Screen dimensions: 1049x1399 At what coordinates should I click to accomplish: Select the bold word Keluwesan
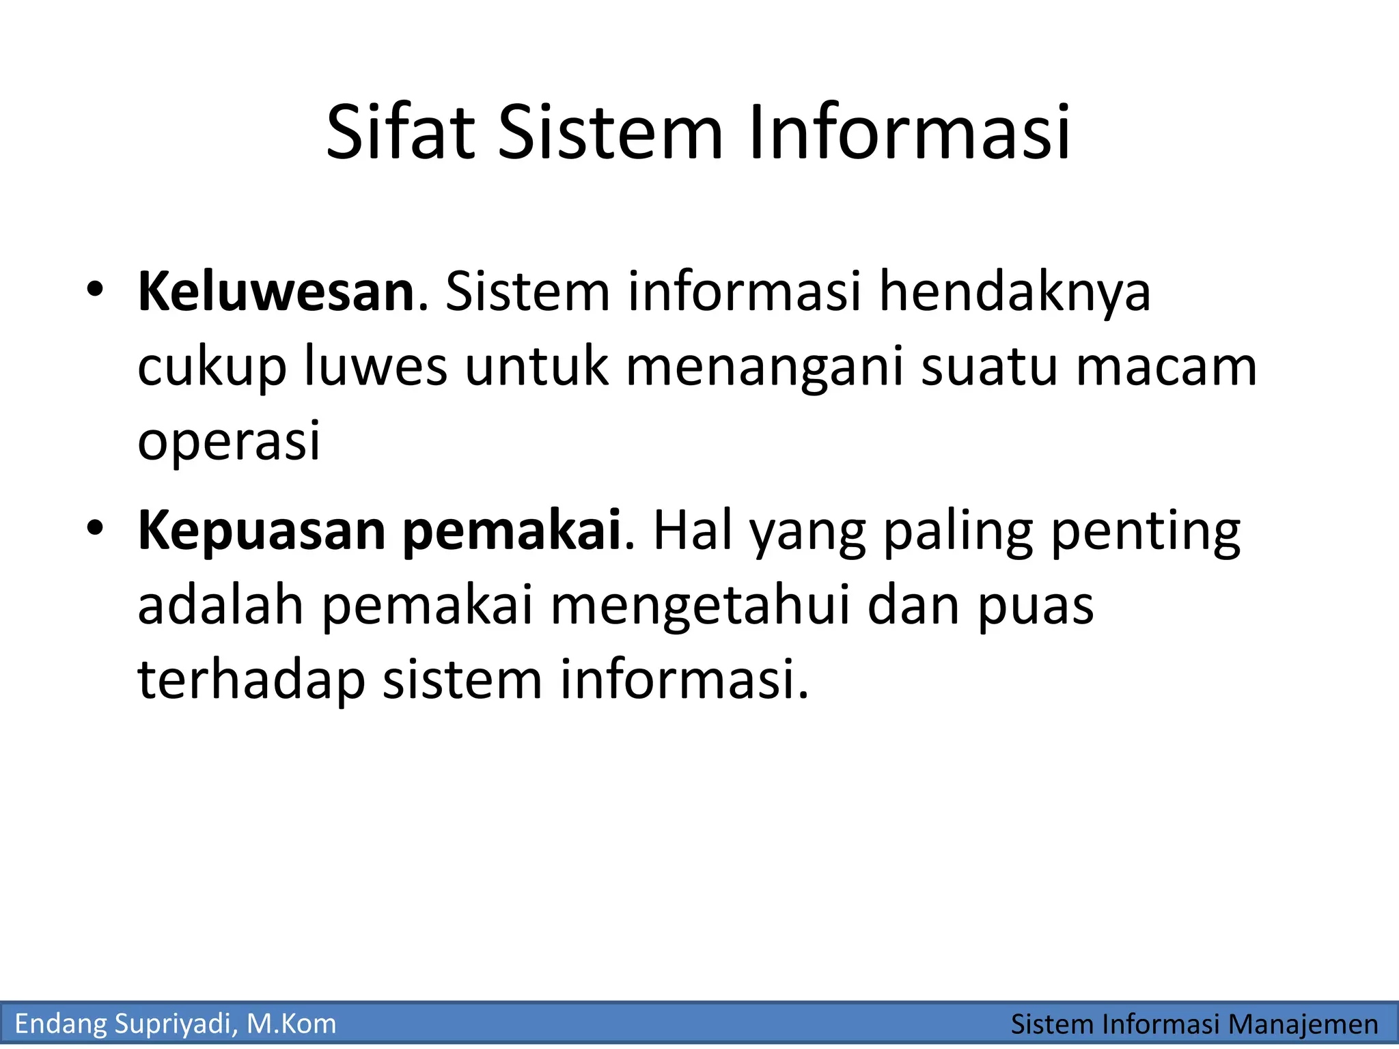[x=276, y=292]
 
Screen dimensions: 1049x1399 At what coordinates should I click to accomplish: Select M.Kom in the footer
[x=292, y=1024]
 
